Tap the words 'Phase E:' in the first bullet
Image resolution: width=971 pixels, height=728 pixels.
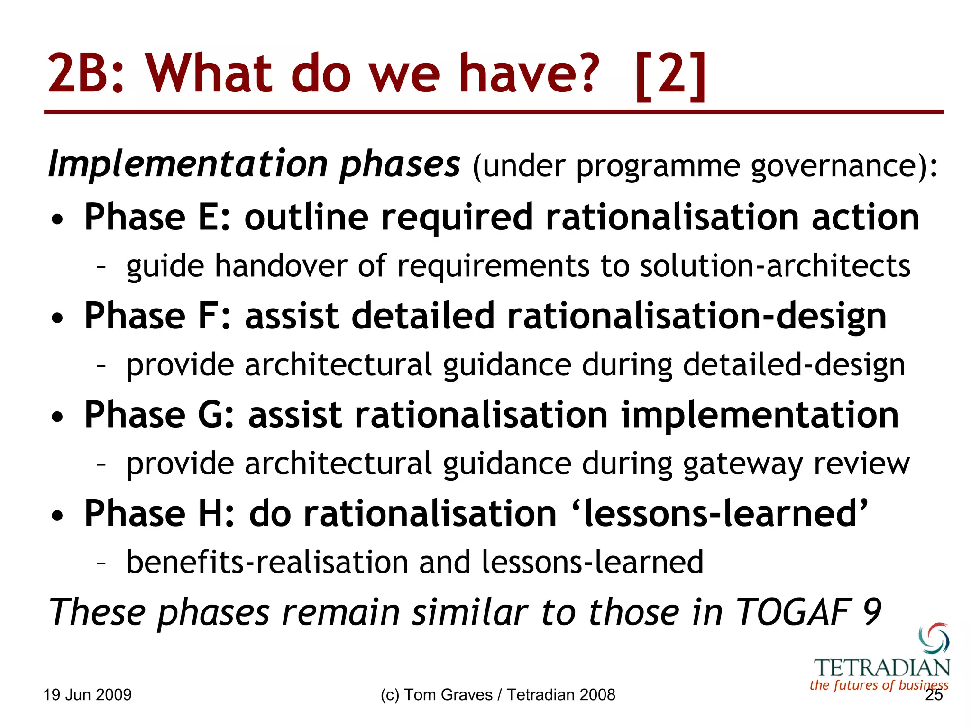(x=157, y=218)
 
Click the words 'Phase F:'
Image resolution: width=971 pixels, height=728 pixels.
(x=157, y=316)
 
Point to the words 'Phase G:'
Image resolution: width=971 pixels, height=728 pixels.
(x=159, y=415)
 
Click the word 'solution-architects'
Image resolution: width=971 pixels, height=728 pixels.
(x=775, y=266)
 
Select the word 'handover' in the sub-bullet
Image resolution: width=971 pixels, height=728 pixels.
(x=281, y=266)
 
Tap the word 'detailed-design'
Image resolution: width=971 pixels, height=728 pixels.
(x=794, y=365)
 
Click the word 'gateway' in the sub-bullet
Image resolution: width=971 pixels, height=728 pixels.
(x=742, y=464)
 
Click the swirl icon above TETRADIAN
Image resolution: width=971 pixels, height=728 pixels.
(x=934, y=638)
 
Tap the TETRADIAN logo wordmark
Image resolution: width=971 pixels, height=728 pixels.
(x=881, y=668)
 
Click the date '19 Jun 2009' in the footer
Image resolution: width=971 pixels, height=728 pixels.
(x=87, y=695)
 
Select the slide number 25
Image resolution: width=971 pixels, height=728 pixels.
(x=934, y=695)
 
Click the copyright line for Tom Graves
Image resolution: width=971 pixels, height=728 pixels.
(x=497, y=695)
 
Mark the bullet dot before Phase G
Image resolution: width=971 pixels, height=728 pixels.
(x=57, y=417)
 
